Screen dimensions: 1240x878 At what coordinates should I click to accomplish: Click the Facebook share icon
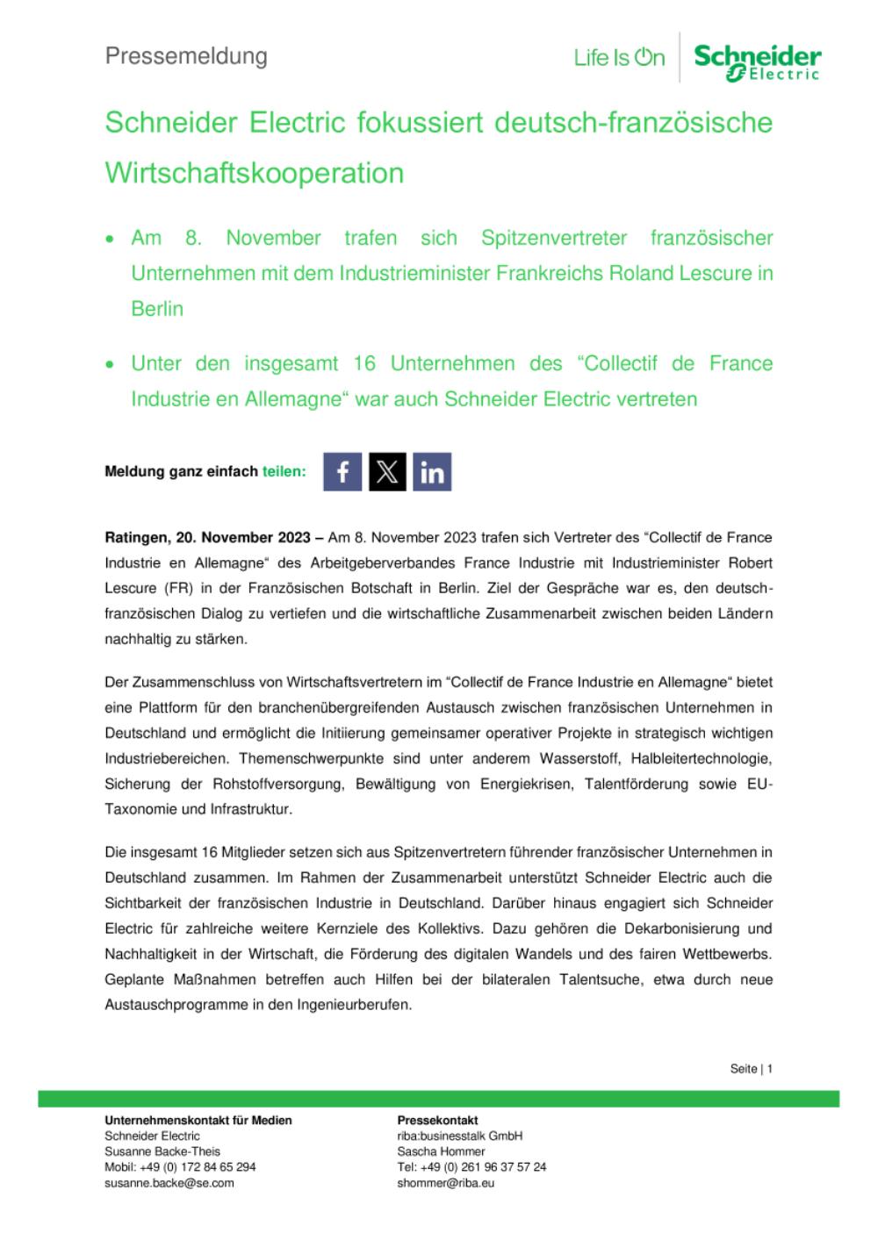click(342, 471)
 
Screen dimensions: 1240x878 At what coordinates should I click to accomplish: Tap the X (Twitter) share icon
click(387, 471)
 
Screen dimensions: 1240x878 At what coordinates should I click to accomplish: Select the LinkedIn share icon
click(432, 471)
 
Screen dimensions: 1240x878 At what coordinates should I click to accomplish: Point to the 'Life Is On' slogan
click(619, 59)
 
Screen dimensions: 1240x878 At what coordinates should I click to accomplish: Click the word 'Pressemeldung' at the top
click(186, 56)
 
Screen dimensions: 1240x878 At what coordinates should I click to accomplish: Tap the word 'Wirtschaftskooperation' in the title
click(255, 172)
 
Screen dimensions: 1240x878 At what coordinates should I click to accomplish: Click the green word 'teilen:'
click(284, 471)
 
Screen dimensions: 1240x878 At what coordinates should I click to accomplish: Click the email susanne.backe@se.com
click(169, 1182)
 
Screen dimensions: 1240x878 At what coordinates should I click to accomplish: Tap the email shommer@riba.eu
click(446, 1182)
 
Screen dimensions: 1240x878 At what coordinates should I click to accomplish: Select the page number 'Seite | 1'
click(751, 1069)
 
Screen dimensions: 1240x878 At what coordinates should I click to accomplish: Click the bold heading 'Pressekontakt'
click(437, 1120)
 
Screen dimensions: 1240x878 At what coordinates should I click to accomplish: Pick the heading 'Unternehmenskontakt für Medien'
click(198, 1120)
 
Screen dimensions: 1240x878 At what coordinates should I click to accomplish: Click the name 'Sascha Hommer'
click(441, 1151)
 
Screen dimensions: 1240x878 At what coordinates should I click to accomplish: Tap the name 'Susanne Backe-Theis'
click(162, 1151)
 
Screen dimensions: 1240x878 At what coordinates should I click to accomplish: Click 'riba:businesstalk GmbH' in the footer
click(459, 1136)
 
